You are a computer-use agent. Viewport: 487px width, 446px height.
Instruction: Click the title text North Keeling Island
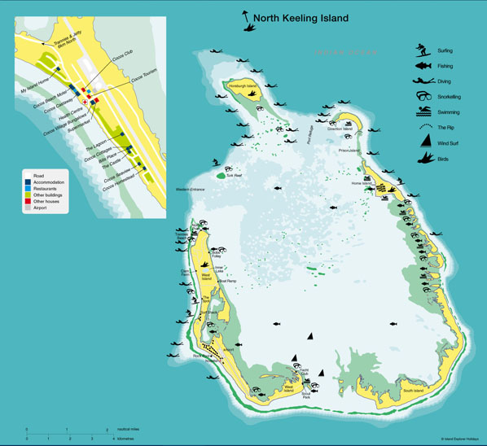click(301, 18)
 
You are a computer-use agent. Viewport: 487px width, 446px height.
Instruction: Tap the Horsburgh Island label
click(243, 85)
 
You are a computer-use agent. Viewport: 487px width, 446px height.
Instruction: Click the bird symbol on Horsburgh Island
click(252, 94)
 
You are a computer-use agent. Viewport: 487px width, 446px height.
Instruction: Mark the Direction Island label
click(340, 129)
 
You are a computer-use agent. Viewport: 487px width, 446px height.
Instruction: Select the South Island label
click(412, 390)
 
